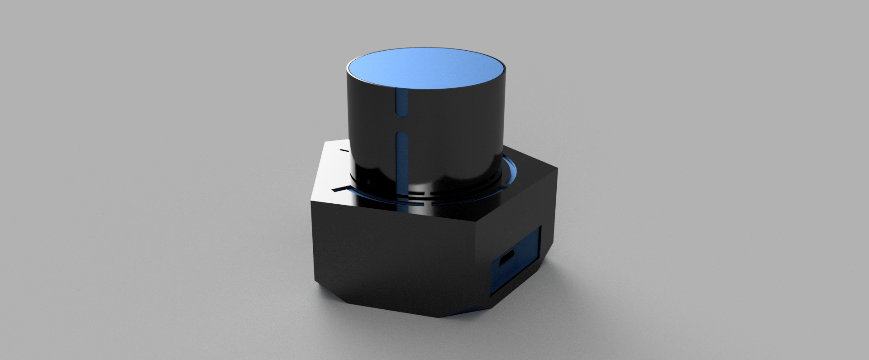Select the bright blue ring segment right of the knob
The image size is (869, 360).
point(511,173)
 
